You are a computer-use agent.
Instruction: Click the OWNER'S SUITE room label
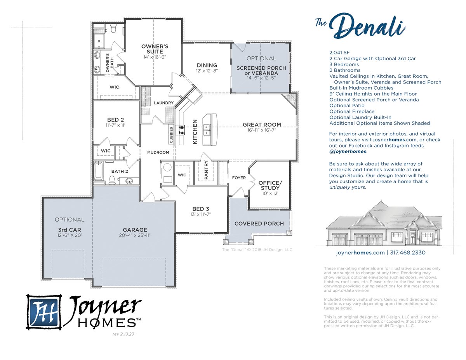coord(155,49)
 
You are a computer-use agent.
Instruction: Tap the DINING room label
coord(207,65)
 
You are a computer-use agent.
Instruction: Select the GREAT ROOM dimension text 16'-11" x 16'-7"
coord(262,130)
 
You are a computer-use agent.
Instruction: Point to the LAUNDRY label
coord(163,103)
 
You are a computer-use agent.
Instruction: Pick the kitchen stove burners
coord(182,130)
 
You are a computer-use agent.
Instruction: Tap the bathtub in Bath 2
coord(99,171)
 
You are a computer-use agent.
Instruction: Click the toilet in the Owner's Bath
coord(113,28)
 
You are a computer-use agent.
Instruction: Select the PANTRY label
coord(206,170)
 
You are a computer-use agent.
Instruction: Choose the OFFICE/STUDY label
coord(270,185)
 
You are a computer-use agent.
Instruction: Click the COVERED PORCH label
coord(259,224)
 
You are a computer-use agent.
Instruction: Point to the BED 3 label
coord(200,209)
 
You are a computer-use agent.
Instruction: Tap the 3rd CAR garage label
coord(70,230)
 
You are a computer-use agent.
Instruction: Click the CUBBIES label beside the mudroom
coord(171,135)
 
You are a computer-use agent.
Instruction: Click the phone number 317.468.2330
coord(407,252)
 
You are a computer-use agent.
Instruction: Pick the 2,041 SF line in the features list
coord(339,52)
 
